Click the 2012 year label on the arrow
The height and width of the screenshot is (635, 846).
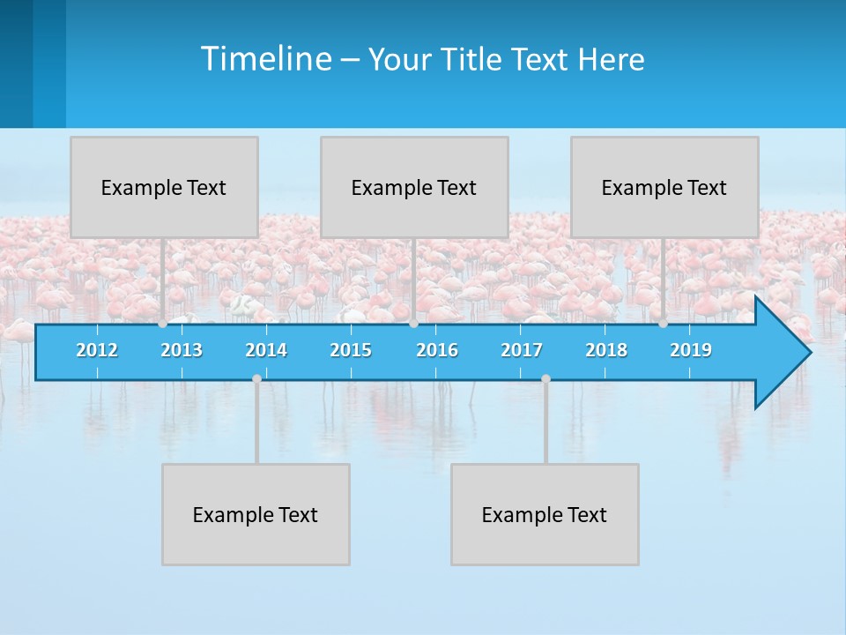(x=97, y=350)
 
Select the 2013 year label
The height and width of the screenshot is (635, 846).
(x=182, y=350)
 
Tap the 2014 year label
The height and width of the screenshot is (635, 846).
(x=266, y=350)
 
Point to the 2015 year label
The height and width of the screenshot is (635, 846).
(x=351, y=350)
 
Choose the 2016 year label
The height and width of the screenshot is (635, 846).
(x=437, y=350)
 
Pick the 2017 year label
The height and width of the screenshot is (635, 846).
(x=522, y=350)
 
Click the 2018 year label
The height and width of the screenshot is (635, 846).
(x=606, y=350)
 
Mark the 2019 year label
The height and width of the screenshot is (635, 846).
(x=691, y=350)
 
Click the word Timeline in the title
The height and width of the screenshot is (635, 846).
(x=265, y=59)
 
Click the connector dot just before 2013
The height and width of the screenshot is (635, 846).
(x=163, y=324)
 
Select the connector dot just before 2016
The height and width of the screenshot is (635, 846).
(x=413, y=324)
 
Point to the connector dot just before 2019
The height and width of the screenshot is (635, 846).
(x=664, y=324)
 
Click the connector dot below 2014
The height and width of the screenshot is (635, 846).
(x=256, y=379)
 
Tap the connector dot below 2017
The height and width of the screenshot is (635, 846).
(x=545, y=379)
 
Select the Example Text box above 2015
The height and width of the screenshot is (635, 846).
(x=414, y=187)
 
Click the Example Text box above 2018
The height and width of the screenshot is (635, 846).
(x=664, y=187)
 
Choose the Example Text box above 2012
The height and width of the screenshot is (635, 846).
(x=164, y=187)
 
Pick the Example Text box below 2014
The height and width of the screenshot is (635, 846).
(x=256, y=514)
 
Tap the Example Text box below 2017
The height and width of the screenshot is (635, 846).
(x=545, y=514)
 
